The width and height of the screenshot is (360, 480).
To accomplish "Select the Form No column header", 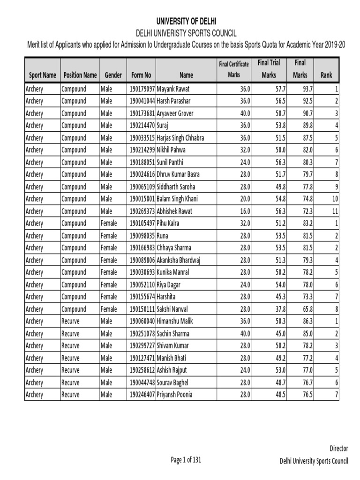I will coord(141,75).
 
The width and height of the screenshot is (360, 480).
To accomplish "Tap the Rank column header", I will coord(326,75).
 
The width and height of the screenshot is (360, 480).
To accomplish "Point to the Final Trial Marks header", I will coord(269,68).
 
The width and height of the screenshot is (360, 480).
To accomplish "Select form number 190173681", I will coord(141,113).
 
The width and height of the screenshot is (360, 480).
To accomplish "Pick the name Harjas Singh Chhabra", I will coord(180,138).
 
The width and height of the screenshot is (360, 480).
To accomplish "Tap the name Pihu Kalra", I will coord(168,223).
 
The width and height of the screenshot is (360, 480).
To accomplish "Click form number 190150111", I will coord(141,309).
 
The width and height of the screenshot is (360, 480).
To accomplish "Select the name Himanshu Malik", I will coord(175,321).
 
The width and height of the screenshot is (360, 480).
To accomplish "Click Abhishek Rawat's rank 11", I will coord(335,211).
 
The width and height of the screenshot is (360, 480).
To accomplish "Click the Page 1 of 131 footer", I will coord(186,460).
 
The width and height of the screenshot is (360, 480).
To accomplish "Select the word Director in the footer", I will coord(339,449).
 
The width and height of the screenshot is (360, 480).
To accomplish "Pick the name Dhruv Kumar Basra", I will coord(178,174).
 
